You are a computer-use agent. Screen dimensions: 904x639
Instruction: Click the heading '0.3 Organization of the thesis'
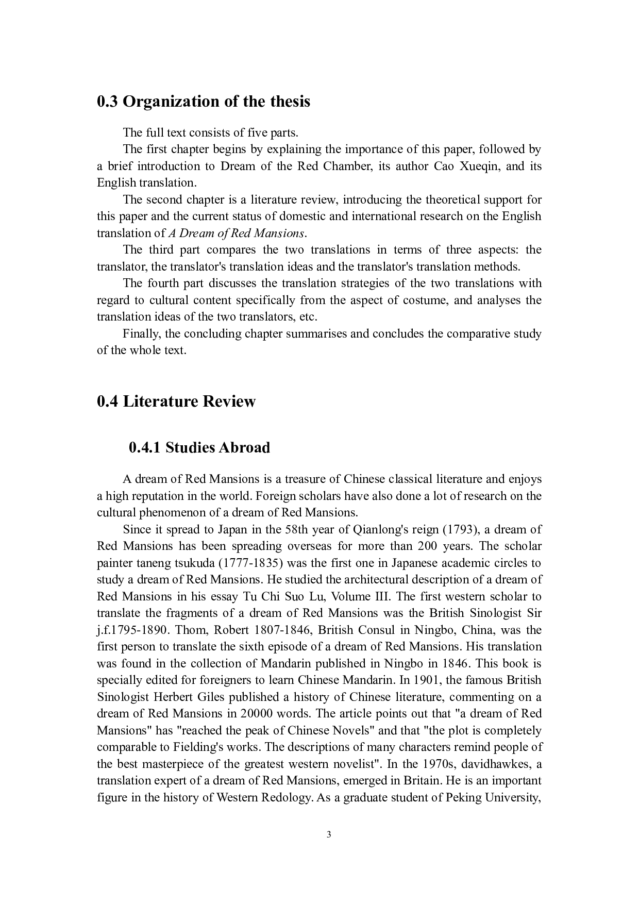204,102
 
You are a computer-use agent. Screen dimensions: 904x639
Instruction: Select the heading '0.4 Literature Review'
176,401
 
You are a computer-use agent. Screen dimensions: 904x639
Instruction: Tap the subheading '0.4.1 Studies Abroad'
199,447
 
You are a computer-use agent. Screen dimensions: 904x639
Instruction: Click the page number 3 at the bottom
329,835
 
